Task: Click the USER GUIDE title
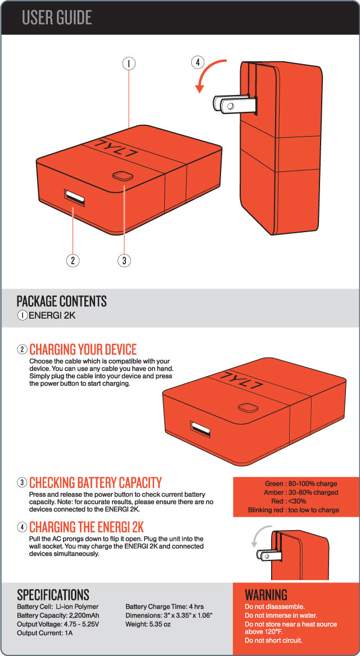pos(57,17)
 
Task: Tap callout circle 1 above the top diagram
pos(128,64)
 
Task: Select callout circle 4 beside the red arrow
pos(197,63)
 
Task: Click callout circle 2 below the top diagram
pos(73,260)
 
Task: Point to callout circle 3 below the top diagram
pos(124,260)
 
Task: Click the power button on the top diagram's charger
pos(121,176)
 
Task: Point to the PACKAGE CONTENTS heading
pos(61,301)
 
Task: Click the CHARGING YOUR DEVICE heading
pos(83,349)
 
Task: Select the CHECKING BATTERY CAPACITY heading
pos(96,482)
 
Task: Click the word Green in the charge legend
pos(274,483)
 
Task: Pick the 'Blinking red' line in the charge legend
pos(294,510)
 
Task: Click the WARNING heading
pos(266,595)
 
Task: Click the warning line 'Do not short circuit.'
pos(273,640)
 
